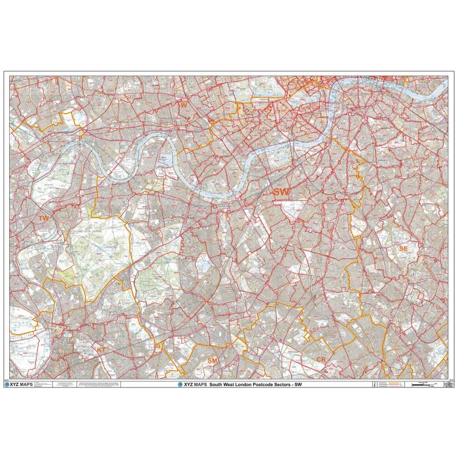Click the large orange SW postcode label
click(281, 192)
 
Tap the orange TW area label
click(44, 218)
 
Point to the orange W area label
click(184, 104)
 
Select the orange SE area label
click(403, 249)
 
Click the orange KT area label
click(101, 350)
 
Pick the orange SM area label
click(212, 361)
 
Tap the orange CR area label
click(321, 360)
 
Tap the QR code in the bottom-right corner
click(448, 385)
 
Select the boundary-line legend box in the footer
click(390, 385)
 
